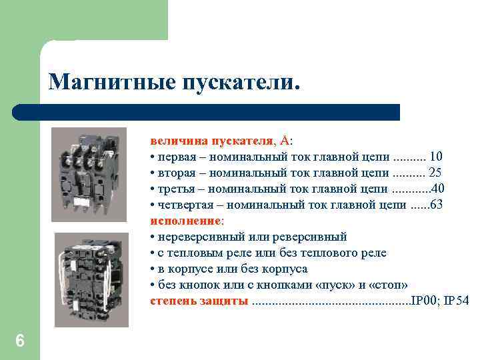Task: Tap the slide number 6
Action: click(x=19, y=341)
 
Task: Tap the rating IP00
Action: click(x=424, y=301)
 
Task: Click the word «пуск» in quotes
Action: click(x=340, y=285)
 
